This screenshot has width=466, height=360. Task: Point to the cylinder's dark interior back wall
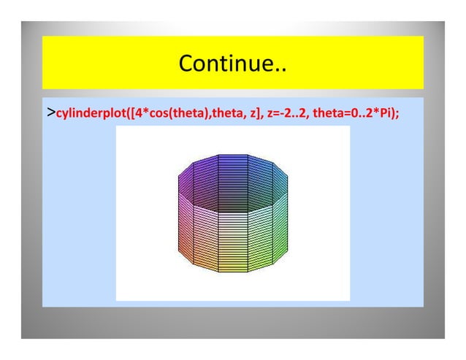[232, 186]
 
